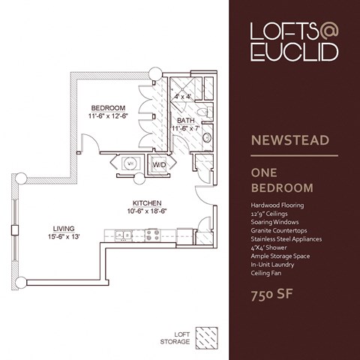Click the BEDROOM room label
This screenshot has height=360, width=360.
point(109,106)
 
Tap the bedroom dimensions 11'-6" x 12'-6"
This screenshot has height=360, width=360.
point(109,115)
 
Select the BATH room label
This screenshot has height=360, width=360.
point(185,120)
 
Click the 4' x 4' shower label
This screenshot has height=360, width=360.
point(182,97)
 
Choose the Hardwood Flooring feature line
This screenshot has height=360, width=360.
point(278,205)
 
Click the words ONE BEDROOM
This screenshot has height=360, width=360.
point(281,179)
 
